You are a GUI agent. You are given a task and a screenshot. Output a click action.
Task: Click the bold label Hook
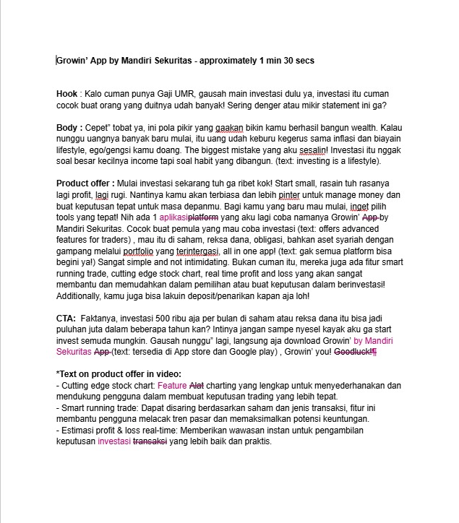[x=67, y=95]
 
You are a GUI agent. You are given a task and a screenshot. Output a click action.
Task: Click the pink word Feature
[x=175, y=385]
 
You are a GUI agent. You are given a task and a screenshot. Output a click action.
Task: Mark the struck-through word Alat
[x=197, y=385]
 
